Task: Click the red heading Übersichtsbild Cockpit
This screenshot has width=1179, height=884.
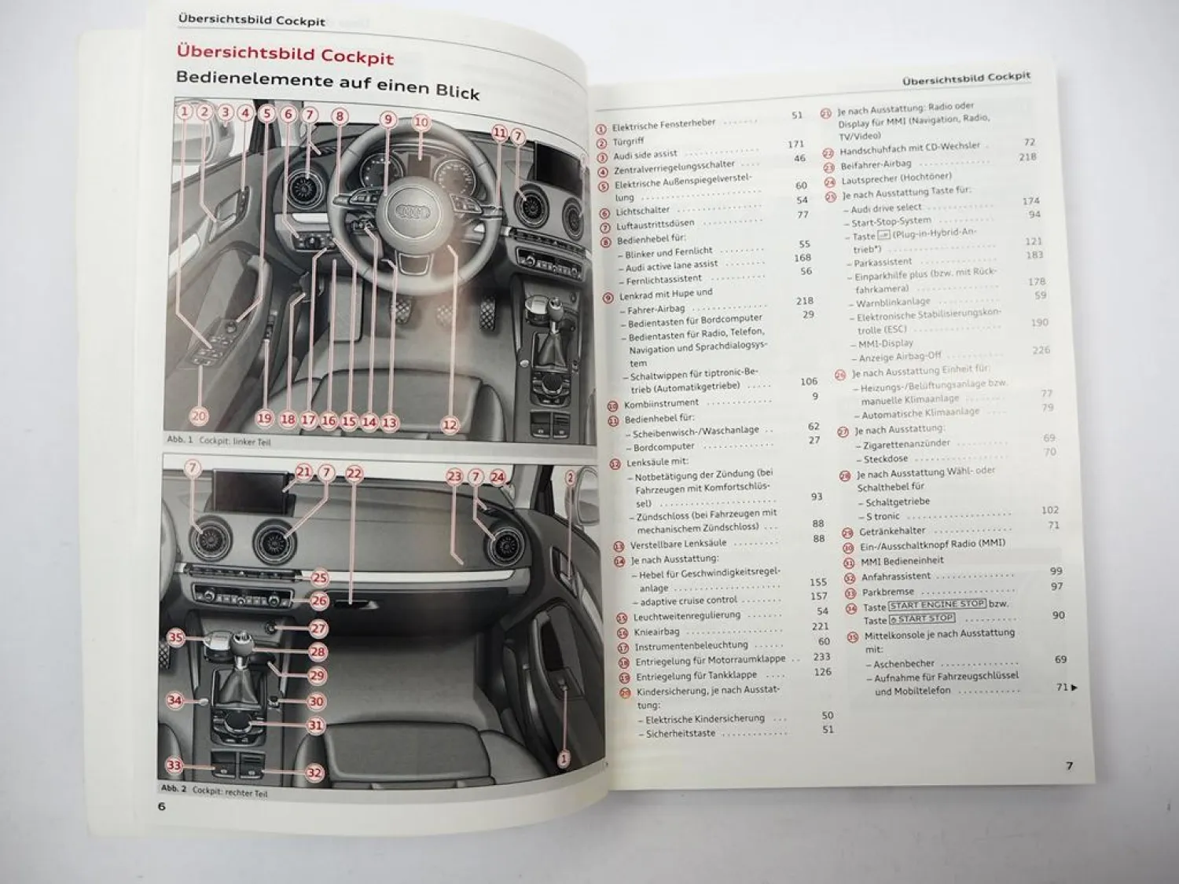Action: (285, 55)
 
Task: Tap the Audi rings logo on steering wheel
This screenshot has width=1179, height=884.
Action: (410, 212)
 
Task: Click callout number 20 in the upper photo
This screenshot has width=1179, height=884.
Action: (199, 416)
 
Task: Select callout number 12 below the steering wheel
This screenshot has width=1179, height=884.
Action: (450, 424)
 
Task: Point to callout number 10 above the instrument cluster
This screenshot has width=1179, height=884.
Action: (421, 122)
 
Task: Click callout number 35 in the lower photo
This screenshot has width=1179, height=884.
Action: (175, 637)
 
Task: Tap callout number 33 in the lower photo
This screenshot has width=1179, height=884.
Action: (174, 765)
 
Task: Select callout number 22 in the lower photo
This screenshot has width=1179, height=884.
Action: (354, 473)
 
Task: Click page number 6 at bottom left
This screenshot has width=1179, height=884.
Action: (162, 806)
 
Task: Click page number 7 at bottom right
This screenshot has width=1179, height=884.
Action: (1068, 765)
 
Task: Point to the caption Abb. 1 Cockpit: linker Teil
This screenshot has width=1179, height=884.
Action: (219, 441)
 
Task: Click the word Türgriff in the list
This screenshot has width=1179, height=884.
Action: (628, 141)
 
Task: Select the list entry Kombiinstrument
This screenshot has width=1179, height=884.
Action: (660, 404)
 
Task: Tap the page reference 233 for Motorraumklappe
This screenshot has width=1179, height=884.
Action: (821, 657)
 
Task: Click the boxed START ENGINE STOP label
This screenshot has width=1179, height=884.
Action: (936, 604)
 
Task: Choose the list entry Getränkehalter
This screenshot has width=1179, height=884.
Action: (892, 531)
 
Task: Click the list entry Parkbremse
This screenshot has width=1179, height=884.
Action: (887, 592)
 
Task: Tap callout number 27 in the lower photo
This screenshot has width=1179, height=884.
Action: (318, 628)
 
